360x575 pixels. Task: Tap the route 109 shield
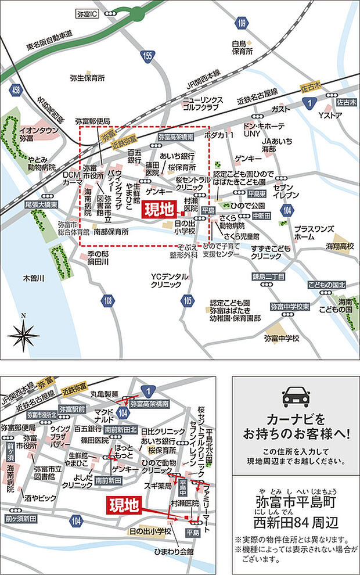click(242, 23)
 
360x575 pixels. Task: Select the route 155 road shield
click(147, 56)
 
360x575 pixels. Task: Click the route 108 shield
click(107, 300)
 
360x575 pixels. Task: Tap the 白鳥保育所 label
click(243, 48)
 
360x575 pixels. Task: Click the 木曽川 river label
click(34, 278)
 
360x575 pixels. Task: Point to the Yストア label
click(329, 115)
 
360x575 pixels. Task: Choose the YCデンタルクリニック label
click(169, 280)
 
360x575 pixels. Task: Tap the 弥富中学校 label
click(282, 337)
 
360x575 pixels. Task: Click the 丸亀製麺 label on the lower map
click(105, 393)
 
